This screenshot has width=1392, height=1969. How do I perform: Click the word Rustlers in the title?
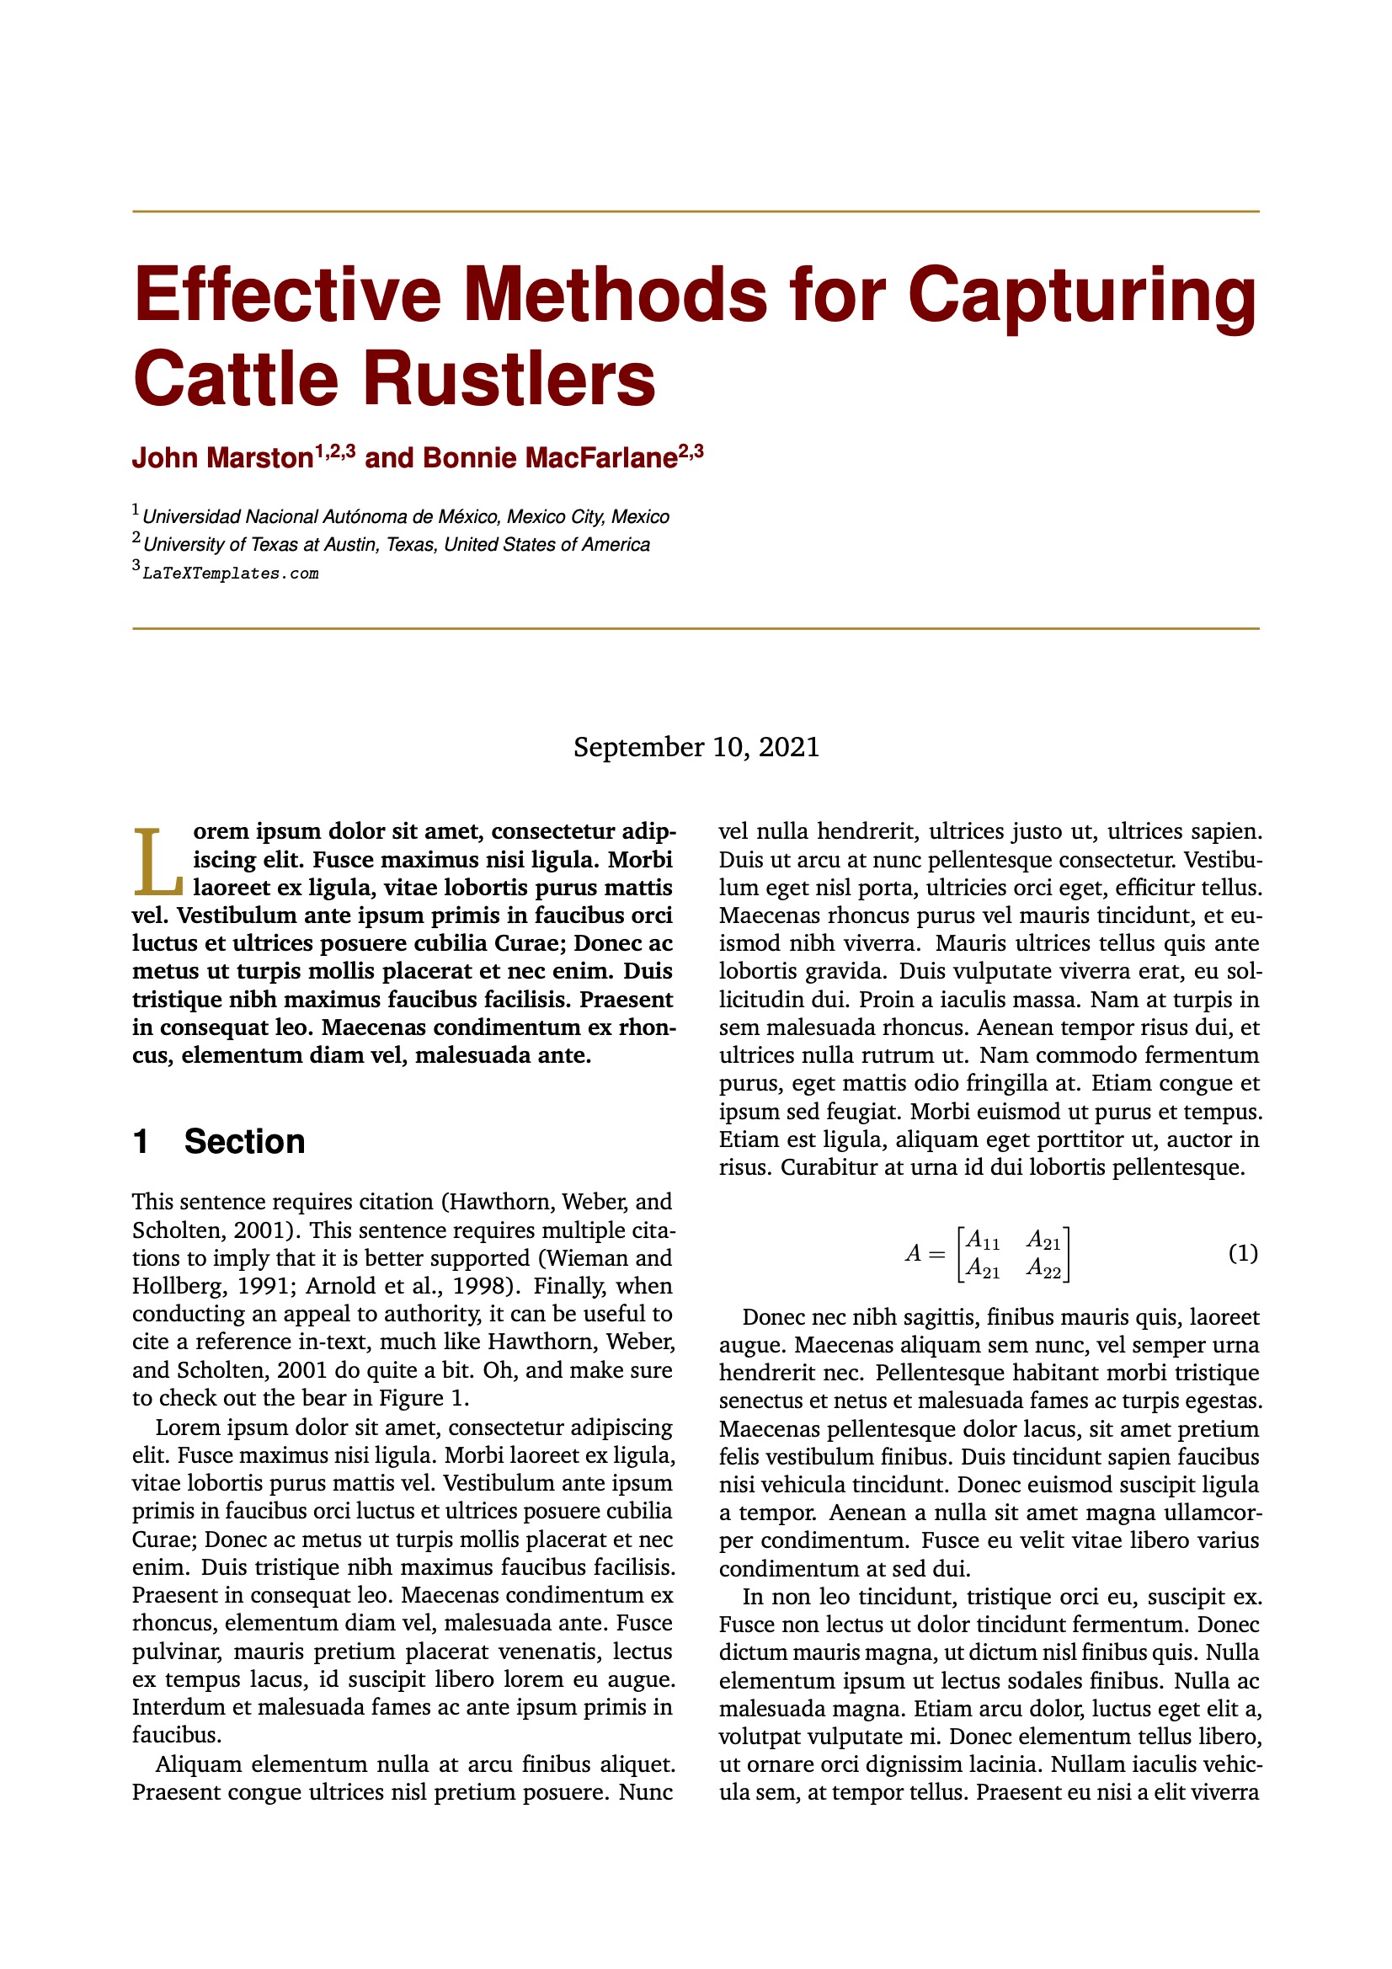509,379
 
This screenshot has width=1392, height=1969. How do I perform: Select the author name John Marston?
222,458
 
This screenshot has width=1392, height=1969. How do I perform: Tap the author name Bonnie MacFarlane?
550,458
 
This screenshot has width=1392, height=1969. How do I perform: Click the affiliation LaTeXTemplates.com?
230,574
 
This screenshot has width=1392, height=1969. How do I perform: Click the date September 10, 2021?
696,747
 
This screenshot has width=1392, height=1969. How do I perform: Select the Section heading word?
244,1141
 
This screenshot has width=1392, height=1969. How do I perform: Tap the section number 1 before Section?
141,1141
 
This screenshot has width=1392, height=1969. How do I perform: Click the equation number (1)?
1243,1253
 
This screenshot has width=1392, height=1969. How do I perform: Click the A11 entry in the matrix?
982,1239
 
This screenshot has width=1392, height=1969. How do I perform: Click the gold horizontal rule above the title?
696,211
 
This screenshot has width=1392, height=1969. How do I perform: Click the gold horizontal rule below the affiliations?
696,628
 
